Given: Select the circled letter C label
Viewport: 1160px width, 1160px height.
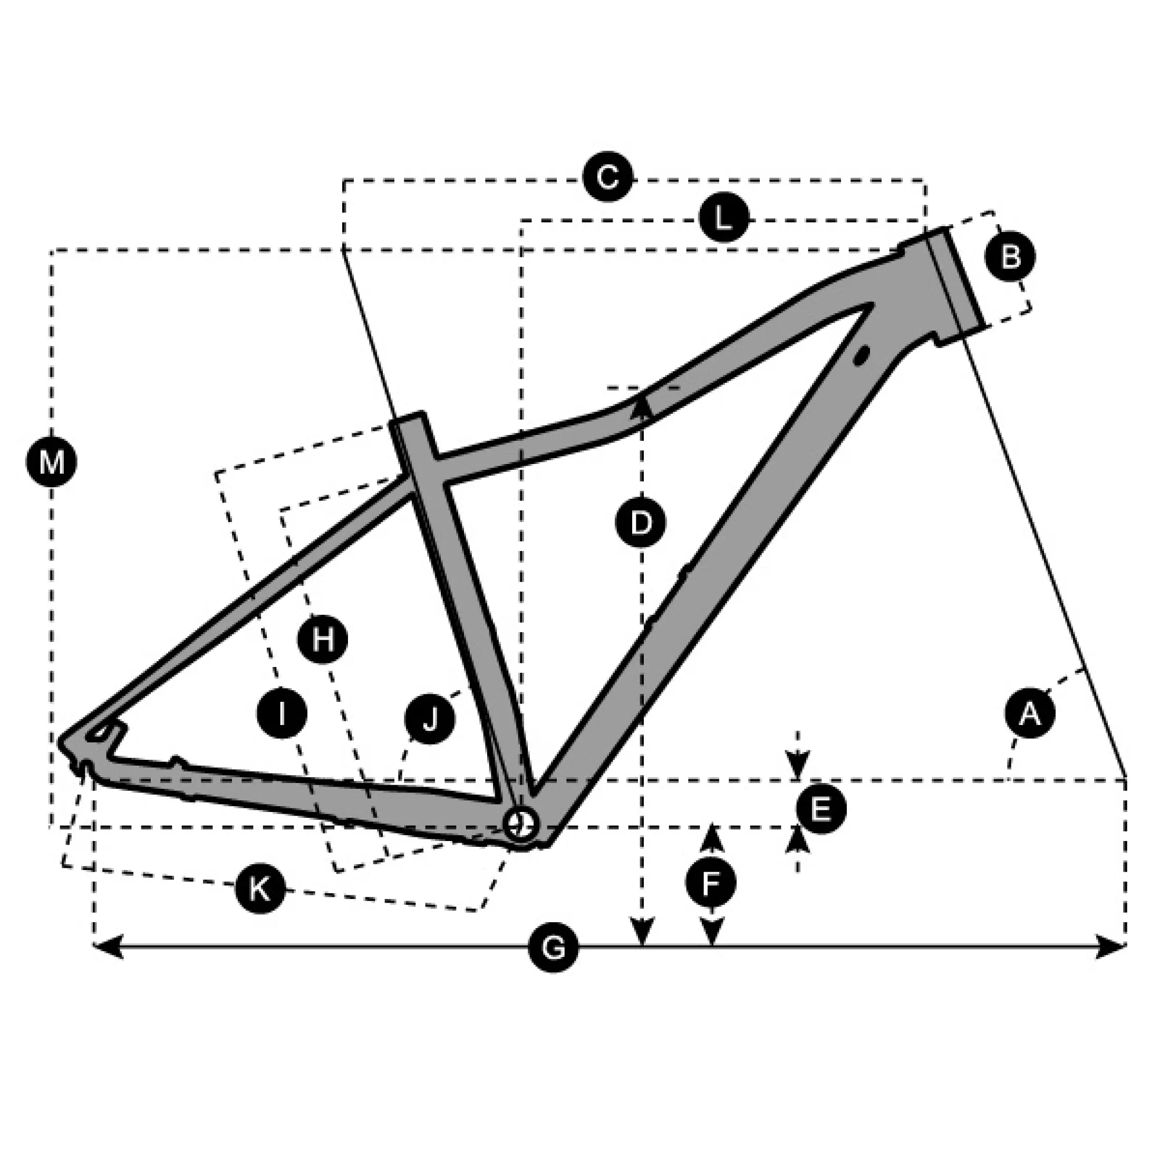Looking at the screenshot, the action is (x=607, y=178).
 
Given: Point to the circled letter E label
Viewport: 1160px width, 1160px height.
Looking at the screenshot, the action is (x=821, y=809).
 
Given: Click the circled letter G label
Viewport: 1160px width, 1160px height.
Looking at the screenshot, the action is (x=554, y=948).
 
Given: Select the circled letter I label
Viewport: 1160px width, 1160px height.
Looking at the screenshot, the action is (x=282, y=713).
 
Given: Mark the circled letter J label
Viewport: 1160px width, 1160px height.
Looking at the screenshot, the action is (x=429, y=719).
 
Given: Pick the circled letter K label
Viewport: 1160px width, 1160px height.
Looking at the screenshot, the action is (x=260, y=888).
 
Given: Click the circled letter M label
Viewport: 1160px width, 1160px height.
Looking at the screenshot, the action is (x=52, y=462).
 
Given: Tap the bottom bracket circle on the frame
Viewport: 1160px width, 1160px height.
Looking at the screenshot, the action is (x=520, y=824).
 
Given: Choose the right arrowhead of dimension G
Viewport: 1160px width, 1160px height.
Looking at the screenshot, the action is (x=1111, y=947).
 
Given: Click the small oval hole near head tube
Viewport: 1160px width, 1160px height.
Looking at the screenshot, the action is (x=862, y=354).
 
